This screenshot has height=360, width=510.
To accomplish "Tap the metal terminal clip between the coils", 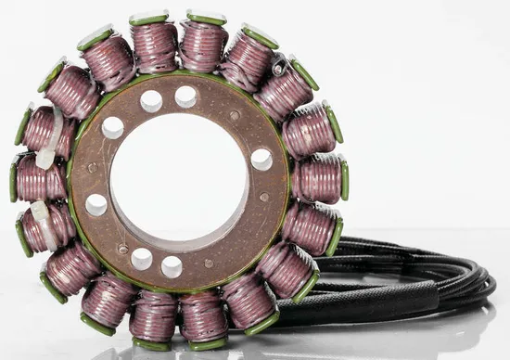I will (278, 67).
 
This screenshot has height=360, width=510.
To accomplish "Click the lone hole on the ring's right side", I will (262, 159).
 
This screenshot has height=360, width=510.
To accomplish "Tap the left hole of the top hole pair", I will (151, 101).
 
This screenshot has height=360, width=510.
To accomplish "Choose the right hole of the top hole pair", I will (185, 96).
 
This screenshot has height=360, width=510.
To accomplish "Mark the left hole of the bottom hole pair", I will (141, 259).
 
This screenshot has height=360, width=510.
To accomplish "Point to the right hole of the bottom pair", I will (172, 267).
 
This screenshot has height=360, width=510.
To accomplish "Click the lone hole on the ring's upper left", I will (112, 128).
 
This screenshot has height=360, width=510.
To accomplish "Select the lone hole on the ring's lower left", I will (96, 204).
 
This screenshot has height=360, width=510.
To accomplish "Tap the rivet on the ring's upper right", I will (235, 116).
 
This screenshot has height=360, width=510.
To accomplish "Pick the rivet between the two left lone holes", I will (91, 168).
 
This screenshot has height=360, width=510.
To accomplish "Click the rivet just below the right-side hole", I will (264, 197).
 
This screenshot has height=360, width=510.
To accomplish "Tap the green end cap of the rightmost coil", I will (344, 178).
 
